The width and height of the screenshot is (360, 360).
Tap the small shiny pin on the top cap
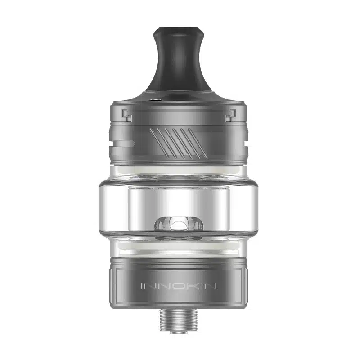157,99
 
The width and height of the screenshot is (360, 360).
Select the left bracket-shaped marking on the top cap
127,116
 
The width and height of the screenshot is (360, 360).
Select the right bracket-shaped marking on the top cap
231,116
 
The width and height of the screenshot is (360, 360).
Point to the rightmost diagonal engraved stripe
198,143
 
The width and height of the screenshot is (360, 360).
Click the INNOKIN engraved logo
179,286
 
